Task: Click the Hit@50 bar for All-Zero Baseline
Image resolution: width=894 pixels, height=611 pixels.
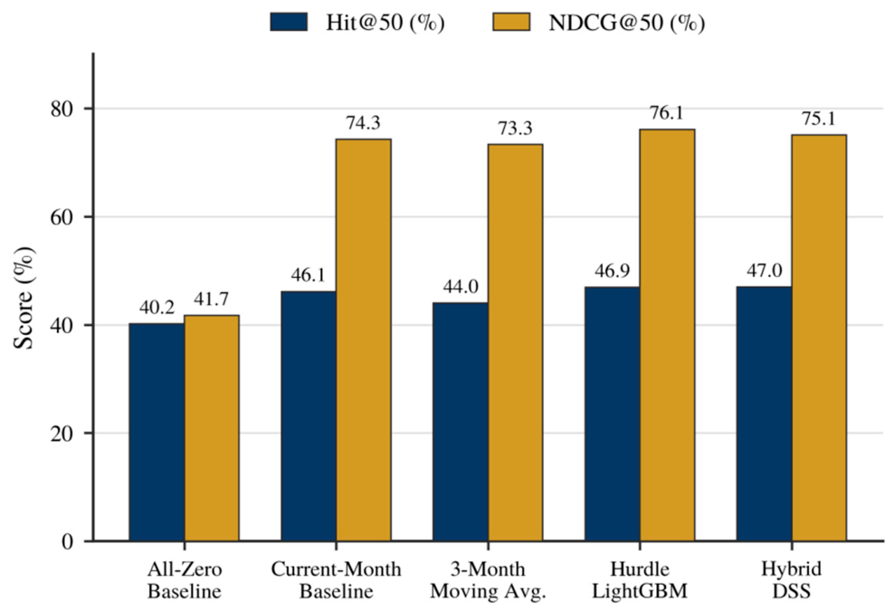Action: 157,432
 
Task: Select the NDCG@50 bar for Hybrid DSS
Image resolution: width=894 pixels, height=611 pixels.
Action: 819,338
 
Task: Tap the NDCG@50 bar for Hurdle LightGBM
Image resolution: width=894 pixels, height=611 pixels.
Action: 667,335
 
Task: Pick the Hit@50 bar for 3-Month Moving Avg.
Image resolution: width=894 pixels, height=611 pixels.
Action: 460,422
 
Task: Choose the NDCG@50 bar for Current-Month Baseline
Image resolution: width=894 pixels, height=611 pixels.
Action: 363,340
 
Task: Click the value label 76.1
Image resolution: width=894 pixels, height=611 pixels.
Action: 667,113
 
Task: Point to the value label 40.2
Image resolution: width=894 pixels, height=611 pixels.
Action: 157,308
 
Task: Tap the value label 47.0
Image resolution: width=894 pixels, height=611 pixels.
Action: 764,271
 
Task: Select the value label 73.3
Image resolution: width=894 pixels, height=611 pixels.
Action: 516,129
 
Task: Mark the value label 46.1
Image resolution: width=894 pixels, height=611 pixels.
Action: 308,275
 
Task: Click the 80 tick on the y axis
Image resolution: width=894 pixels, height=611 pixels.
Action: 62,109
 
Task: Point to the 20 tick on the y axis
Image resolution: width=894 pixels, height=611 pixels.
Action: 62,433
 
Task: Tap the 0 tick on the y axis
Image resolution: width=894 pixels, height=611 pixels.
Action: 68,541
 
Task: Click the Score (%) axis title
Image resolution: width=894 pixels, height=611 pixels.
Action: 24,298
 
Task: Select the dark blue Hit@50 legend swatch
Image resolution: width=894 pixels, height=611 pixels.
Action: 289,23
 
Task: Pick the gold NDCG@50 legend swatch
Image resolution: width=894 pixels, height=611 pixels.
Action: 511,23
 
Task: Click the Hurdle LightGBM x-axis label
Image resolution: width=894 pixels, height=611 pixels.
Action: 640,579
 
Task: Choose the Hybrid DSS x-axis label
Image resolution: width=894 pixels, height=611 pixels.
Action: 792,579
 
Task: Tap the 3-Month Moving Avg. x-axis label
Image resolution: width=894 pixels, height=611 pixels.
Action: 488,579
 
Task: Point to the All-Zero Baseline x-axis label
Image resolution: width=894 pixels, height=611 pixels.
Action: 185,579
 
